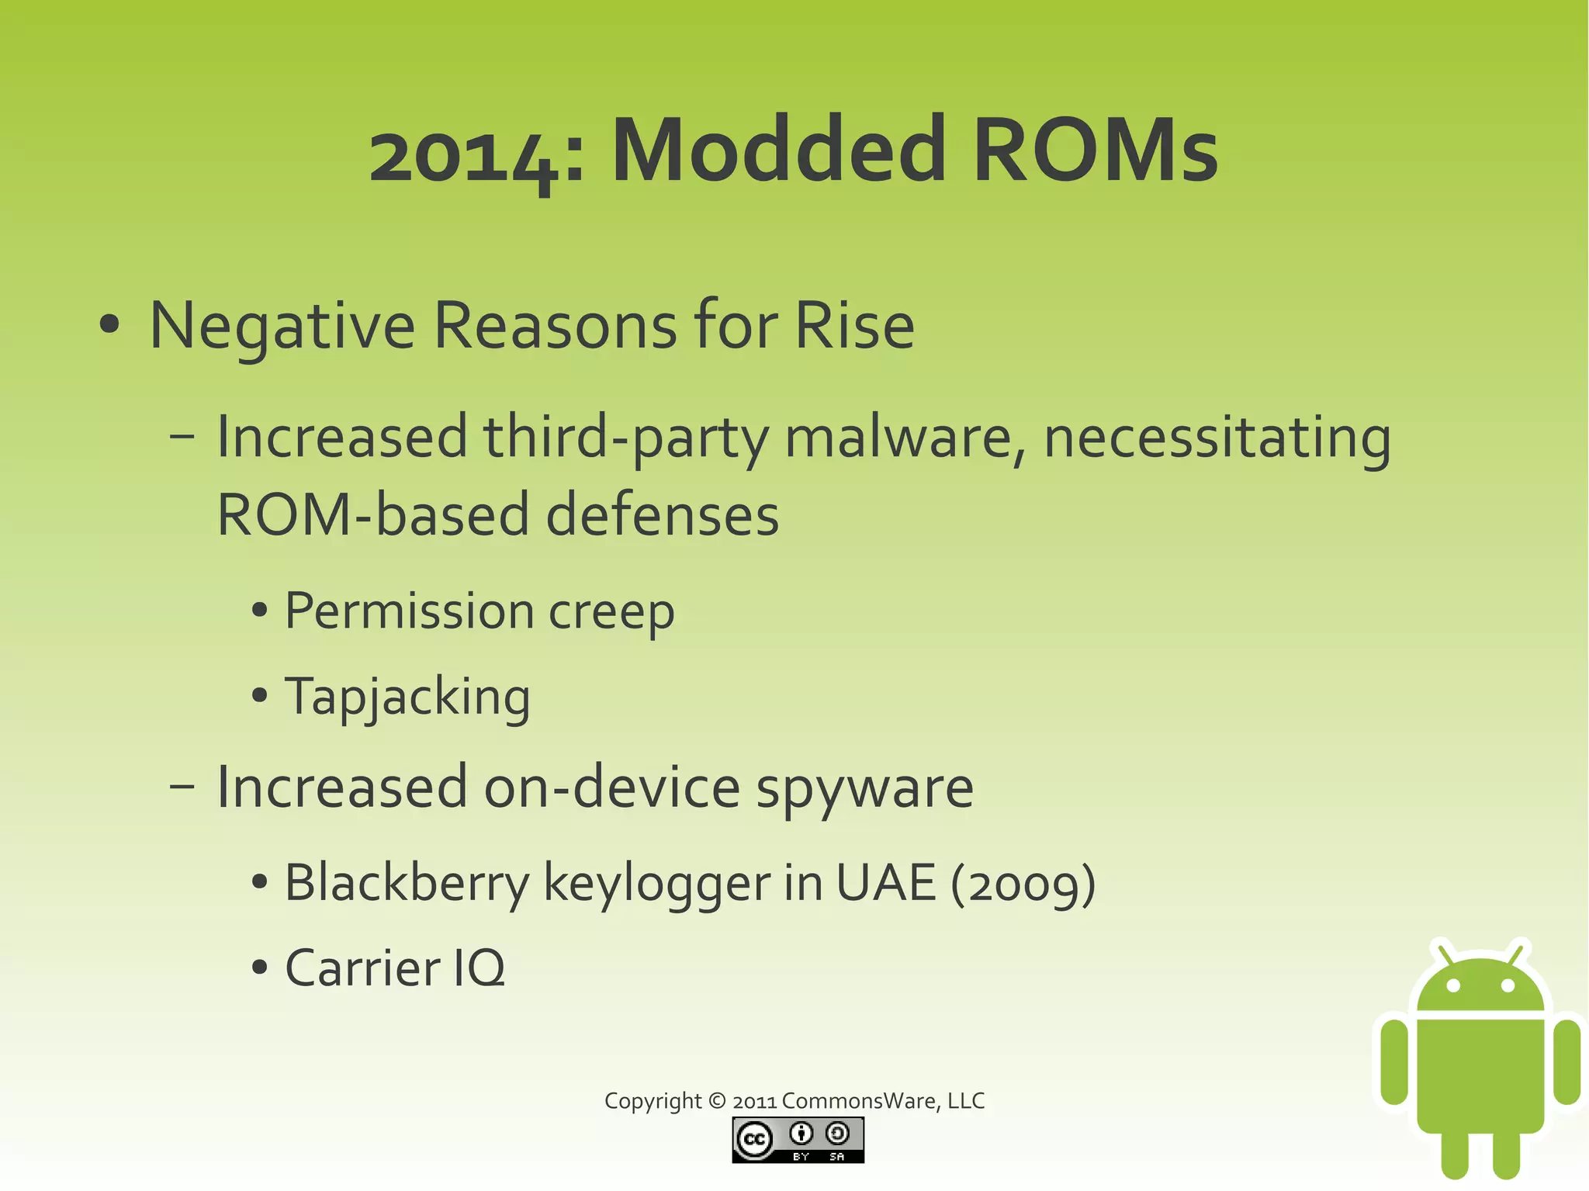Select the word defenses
663,515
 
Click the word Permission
409,611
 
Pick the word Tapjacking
407,697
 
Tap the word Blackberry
407,883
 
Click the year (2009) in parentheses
1023,885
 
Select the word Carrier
362,968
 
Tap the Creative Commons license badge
798,1140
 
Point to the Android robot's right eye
1508,986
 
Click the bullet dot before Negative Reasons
109,326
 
